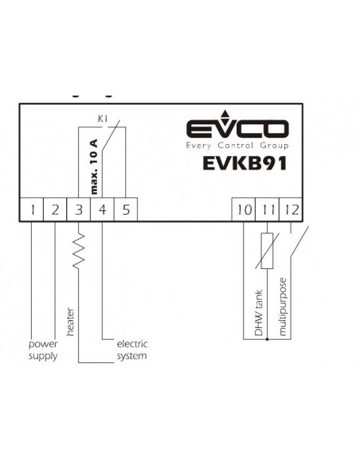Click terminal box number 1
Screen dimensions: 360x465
click(32, 209)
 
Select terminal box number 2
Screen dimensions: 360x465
click(55, 209)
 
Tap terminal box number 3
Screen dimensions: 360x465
click(79, 209)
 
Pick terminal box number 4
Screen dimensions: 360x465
click(102, 209)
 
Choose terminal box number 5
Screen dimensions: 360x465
click(126, 209)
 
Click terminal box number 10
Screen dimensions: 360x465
click(244, 209)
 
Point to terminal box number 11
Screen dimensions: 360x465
click(267, 209)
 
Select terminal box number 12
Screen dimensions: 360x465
click(291, 209)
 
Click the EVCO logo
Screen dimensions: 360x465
click(237, 126)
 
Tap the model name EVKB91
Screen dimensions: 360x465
click(245, 163)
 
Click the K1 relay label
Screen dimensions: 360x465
click(103, 119)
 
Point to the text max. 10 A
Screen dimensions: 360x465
click(94, 166)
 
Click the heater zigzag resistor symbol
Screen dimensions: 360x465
click(79, 251)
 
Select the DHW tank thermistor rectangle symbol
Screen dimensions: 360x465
click(267, 251)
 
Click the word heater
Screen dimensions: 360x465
click(70, 322)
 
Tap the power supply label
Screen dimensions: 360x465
click(43, 350)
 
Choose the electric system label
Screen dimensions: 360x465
click(132, 350)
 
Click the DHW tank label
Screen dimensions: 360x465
click(259, 313)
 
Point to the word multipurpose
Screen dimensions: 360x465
click(283, 307)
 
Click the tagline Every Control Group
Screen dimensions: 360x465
click(237, 146)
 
